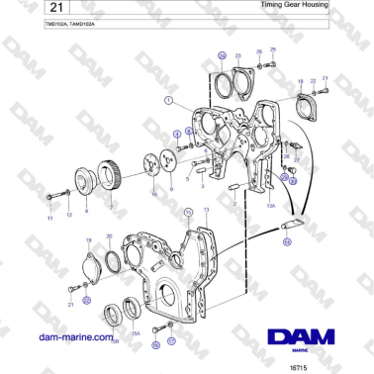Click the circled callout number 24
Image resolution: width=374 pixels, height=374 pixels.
222,55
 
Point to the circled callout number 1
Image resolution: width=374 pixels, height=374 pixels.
169,100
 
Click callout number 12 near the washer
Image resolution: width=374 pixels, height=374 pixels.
69,215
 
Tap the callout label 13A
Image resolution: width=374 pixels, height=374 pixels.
269,205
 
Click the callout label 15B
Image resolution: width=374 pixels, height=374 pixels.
115,340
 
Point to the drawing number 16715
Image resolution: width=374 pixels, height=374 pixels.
298,365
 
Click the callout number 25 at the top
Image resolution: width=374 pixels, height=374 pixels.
273,49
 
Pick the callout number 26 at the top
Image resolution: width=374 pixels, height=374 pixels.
259,51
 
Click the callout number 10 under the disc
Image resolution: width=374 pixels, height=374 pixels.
152,196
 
